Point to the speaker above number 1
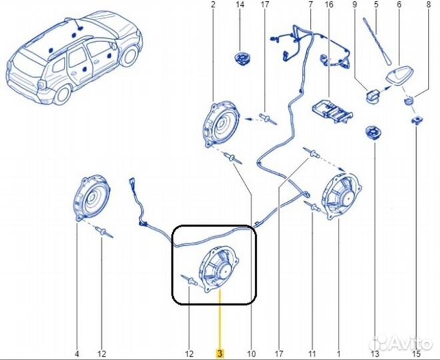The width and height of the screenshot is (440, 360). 341,195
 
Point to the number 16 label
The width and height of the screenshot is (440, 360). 329,6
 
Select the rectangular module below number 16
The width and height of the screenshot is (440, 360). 332,110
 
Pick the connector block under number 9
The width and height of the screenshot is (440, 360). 372,96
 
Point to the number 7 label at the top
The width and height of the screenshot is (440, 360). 310,6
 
